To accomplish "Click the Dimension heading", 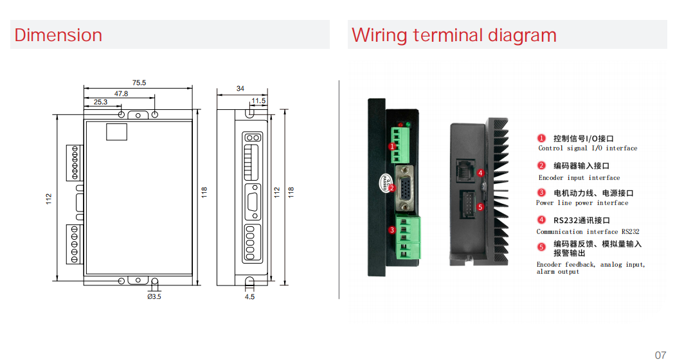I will tap(59, 35).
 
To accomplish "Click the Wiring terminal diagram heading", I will tap(454, 35).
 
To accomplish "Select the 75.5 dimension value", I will tap(139, 82).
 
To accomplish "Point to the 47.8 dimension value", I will tap(121, 93).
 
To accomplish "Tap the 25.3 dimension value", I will tap(101, 102).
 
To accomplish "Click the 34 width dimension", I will tap(240, 88).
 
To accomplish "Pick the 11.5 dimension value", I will tap(258, 101).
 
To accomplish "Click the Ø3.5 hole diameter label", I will tap(154, 296).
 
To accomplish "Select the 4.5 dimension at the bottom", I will tap(249, 296).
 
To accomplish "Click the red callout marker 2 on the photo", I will tap(392, 188).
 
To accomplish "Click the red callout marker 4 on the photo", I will tap(480, 173).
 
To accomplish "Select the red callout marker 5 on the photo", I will tap(480, 208).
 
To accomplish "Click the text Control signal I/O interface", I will tap(588, 148).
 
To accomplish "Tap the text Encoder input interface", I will tap(579, 178).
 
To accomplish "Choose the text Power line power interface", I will tap(582, 203).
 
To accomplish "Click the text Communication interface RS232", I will tap(588, 232).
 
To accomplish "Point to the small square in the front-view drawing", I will tap(116, 131).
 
